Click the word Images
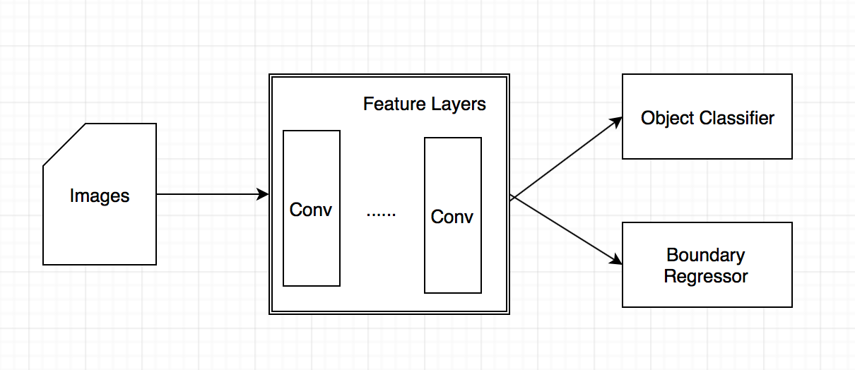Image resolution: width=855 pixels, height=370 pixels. click(x=100, y=196)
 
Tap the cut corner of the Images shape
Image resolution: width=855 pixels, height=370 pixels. click(x=64, y=145)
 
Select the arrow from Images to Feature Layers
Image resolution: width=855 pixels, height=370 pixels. click(x=213, y=194)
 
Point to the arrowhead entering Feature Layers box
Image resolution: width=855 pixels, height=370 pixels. click(x=263, y=194)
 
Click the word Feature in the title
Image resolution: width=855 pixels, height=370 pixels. click(x=394, y=104)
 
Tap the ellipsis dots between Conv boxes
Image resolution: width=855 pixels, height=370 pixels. click(x=381, y=215)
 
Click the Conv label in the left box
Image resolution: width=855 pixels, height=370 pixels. click(x=311, y=210)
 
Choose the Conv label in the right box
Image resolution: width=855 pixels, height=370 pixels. click(x=452, y=217)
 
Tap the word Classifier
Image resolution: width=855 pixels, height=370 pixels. click(x=737, y=118)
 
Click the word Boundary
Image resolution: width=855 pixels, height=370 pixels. click(x=706, y=255)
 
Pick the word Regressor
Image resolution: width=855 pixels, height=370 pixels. click(x=706, y=276)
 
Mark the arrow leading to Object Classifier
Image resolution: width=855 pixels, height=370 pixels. click(x=566, y=157)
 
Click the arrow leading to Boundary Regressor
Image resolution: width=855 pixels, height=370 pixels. click(x=566, y=230)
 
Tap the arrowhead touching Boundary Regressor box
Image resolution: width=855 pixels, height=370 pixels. click(x=616, y=260)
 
